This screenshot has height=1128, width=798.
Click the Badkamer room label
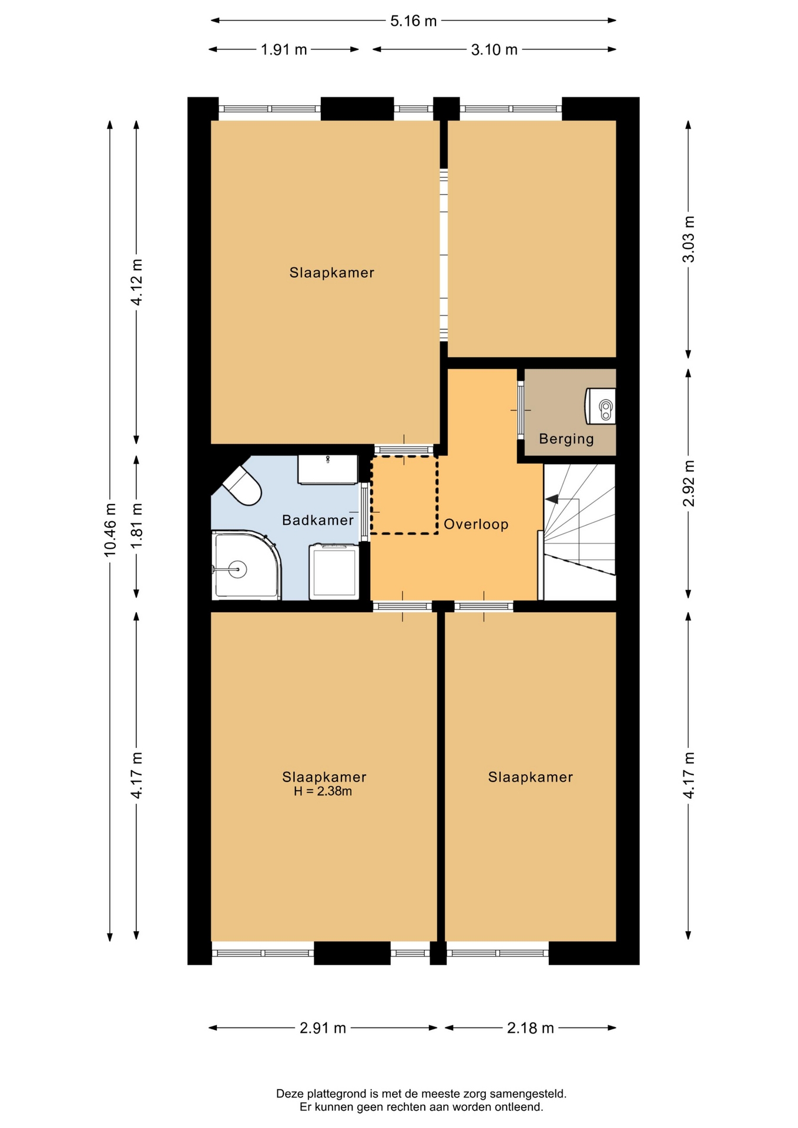coord(318,520)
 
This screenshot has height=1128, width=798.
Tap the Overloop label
coord(476,524)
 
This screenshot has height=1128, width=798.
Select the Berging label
coord(566,439)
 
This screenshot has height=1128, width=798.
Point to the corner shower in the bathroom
coord(246,566)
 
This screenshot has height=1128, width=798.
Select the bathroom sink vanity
coord(328,469)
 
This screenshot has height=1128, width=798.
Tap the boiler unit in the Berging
coord(601,406)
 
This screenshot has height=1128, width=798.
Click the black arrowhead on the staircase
coord(552,499)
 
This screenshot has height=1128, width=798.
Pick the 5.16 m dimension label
coord(414,21)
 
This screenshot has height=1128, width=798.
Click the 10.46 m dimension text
coord(110,529)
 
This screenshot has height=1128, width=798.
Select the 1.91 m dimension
coord(284,50)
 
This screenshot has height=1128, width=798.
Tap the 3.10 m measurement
coord(494,50)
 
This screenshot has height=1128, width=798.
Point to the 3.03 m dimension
coord(689,239)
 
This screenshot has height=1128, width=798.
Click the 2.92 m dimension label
coord(689,483)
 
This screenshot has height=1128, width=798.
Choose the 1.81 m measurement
coord(137,526)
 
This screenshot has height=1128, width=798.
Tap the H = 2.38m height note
coord(323,791)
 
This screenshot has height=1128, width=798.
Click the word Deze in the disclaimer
coord(290,1094)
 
